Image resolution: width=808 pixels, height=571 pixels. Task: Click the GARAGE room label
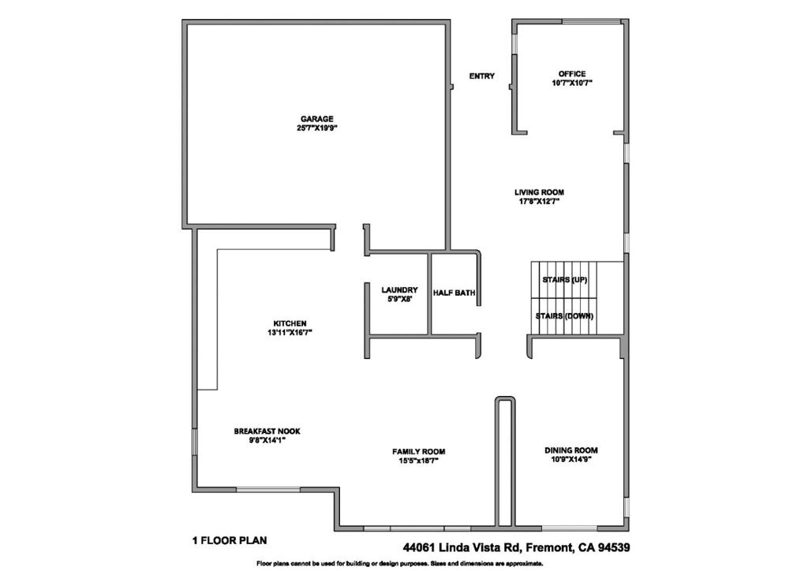click(x=317, y=119)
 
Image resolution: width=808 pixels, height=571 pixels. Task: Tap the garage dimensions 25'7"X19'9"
click(x=317, y=129)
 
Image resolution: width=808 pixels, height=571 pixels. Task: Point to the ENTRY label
click(x=482, y=77)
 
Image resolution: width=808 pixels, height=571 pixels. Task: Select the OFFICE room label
click(x=572, y=74)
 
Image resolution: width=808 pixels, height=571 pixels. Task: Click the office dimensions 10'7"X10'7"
click(x=572, y=83)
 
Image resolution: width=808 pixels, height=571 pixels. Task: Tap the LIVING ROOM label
click(x=539, y=192)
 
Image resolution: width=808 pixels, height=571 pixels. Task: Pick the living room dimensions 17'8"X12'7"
click(x=539, y=202)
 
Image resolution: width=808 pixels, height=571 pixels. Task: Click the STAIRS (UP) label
click(x=565, y=280)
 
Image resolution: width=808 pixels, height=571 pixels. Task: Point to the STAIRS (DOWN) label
click(x=564, y=316)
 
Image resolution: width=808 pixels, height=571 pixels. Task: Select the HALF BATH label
click(x=454, y=293)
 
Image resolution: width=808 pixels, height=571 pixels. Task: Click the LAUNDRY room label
click(x=399, y=290)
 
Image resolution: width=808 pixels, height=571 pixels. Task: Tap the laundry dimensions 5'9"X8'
click(x=399, y=299)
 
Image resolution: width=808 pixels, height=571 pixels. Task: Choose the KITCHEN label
click(x=290, y=324)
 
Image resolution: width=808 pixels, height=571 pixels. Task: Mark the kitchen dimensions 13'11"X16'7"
click(x=290, y=333)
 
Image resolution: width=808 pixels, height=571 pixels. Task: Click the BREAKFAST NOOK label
click(x=267, y=431)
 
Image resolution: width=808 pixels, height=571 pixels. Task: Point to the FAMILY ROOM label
click(x=418, y=452)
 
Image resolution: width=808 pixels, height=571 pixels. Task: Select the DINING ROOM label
click(x=571, y=450)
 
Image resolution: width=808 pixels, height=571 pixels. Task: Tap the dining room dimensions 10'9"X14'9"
click(x=571, y=460)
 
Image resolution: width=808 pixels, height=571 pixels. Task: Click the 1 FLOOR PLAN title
click(x=230, y=540)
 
